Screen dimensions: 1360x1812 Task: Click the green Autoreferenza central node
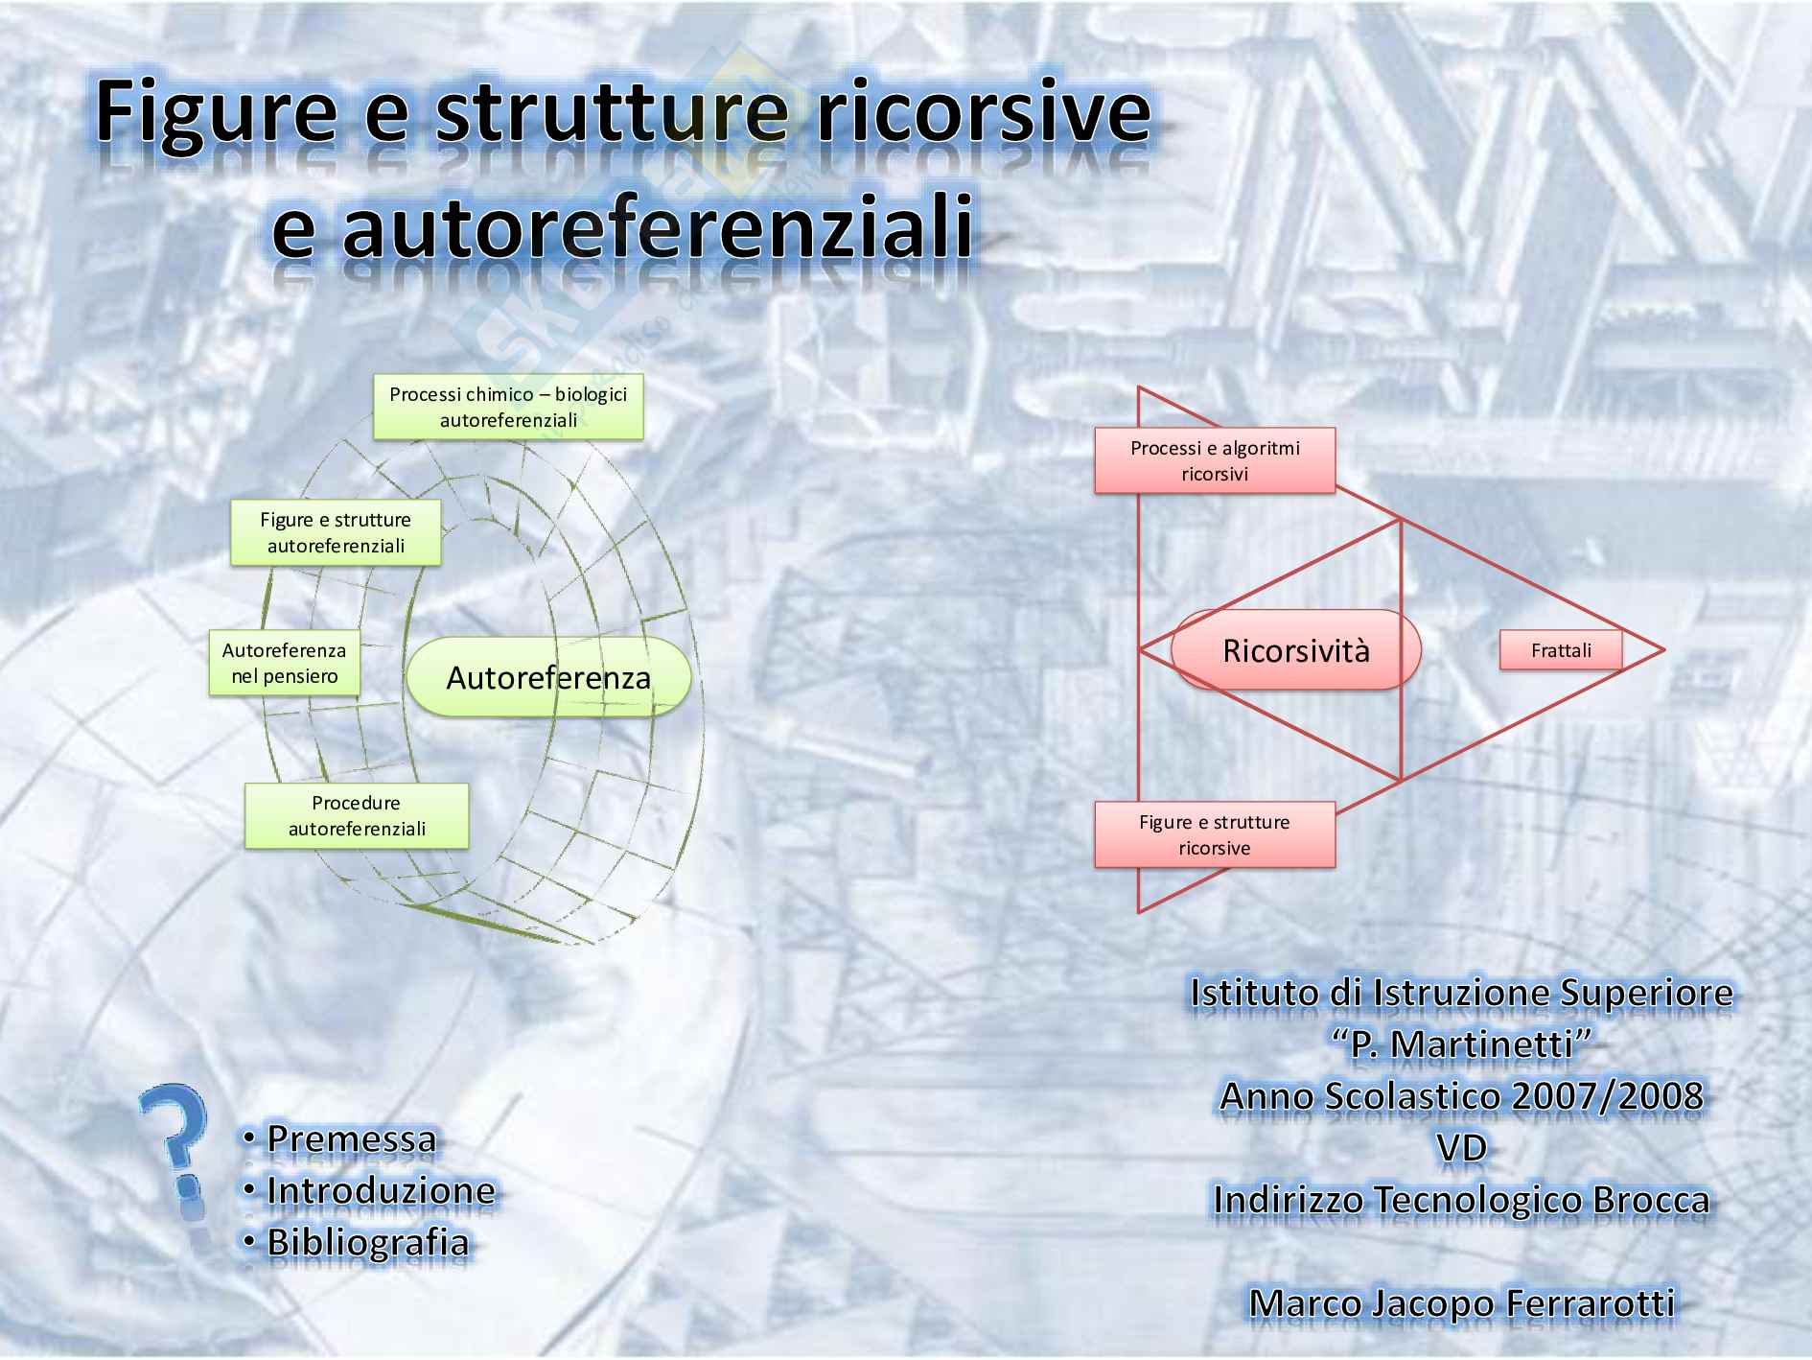click(x=548, y=677)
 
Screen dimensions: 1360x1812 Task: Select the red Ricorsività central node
click(x=1295, y=650)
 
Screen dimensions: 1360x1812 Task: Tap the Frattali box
click(x=1560, y=650)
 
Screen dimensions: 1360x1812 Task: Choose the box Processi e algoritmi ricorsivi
click(x=1215, y=460)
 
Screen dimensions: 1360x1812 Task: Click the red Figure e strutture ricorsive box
click(x=1215, y=834)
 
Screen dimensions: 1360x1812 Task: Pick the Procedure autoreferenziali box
click(x=357, y=815)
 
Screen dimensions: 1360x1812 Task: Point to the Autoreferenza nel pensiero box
click(x=284, y=663)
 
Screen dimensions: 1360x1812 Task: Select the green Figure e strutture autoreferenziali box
click(x=336, y=532)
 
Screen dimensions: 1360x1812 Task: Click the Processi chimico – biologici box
click(x=508, y=407)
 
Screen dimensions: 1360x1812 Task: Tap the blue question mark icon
click(x=175, y=1151)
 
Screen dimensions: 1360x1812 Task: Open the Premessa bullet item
click(x=351, y=1139)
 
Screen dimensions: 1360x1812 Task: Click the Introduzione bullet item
click(x=381, y=1191)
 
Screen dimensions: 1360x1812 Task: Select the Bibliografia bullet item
click(x=367, y=1243)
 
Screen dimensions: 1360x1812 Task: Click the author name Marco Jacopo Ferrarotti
click(x=1462, y=1303)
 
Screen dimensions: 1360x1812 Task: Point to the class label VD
click(x=1462, y=1148)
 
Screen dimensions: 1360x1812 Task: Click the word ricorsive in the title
click(x=983, y=113)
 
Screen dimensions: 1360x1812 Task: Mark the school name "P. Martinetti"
click(x=1462, y=1044)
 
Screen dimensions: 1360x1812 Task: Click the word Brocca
click(x=1651, y=1200)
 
